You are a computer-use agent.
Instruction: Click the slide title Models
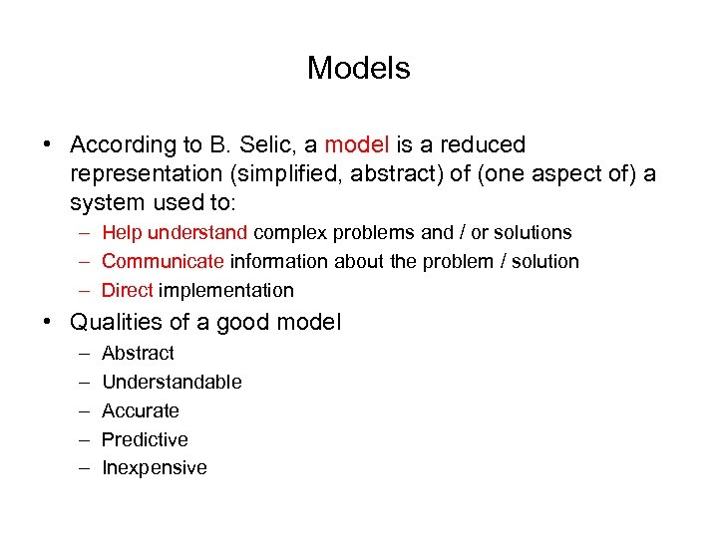358,68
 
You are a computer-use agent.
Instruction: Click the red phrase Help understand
175,233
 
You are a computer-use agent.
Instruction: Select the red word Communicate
163,262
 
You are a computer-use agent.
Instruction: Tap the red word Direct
127,291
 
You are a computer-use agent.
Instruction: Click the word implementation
226,291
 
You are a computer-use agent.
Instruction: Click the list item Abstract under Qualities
138,354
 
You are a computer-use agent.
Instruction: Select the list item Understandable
172,383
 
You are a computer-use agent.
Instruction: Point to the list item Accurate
141,411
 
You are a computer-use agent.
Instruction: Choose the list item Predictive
145,440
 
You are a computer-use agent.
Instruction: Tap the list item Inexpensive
155,468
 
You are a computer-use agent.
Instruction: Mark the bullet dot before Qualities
48,323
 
